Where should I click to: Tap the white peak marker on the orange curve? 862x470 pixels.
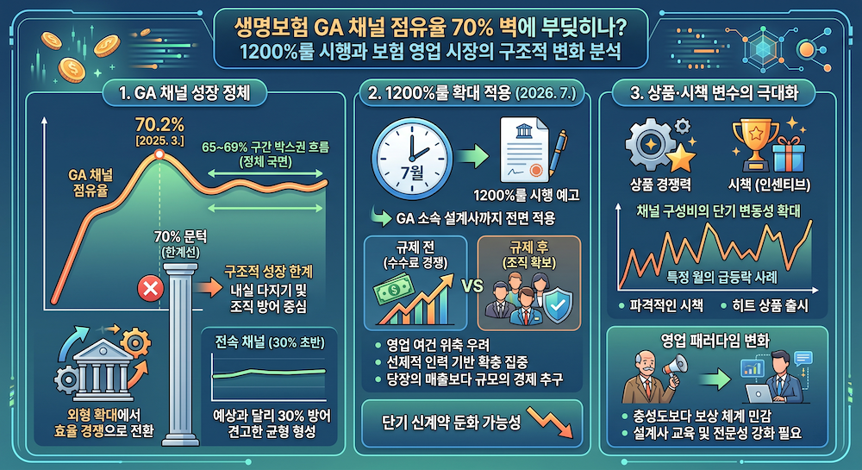tap(158, 154)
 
